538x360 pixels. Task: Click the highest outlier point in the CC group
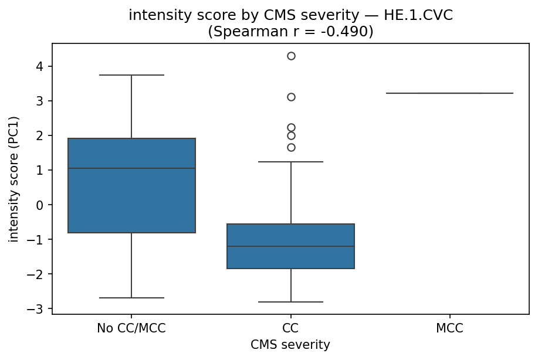pyautogui.click(x=291, y=56)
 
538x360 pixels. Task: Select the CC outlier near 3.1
pyautogui.click(x=291, y=97)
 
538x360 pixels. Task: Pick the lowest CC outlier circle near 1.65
pyautogui.click(x=291, y=147)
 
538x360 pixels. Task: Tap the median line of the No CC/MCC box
pyautogui.click(x=131, y=168)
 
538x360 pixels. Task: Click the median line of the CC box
pyautogui.click(x=291, y=246)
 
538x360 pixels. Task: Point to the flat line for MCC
pyautogui.click(x=449, y=93)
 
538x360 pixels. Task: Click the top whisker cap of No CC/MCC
pyautogui.click(x=131, y=75)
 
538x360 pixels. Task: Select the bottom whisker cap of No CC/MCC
pyautogui.click(x=131, y=298)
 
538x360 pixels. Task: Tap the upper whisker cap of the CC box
pyautogui.click(x=291, y=161)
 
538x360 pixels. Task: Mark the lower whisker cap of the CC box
pyautogui.click(x=291, y=302)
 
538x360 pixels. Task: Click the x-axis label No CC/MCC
pyautogui.click(x=131, y=328)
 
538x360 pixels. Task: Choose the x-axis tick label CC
pyautogui.click(x=291, y=328)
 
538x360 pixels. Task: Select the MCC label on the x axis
pyautogui.click(x=449, y=328)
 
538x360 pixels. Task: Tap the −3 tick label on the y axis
pyautogui.click(x=39, y=309)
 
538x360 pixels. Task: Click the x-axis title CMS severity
pyautogui.click(x=290, y=345)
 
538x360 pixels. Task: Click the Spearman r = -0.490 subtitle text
pyautogui.click(x=290, y=32)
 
